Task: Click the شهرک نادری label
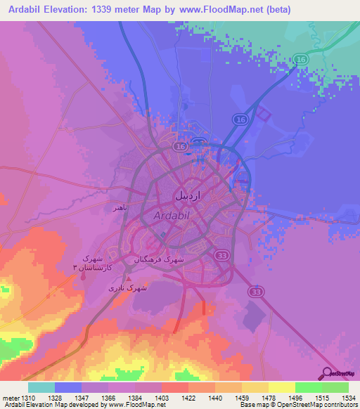pos(128,288)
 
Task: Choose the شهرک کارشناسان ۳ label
pos(87,263)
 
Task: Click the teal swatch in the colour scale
pos(41,387)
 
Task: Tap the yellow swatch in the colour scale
pos(281,387)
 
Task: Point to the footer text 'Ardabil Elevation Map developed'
pos(49,405)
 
